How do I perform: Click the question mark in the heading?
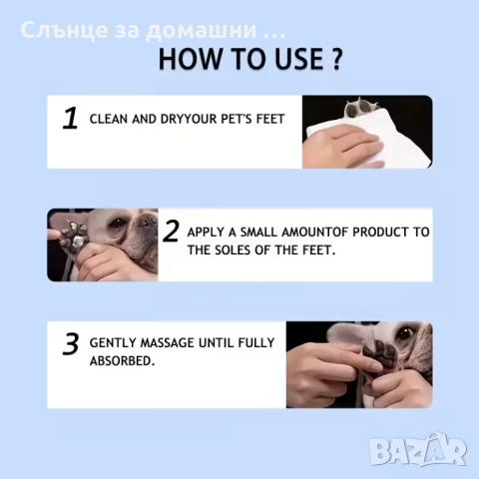click(x=336, y=59)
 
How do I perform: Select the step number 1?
click(x=70, y=118)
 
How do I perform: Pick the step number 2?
click(x=172, y=231)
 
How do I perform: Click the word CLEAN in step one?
click(x=109, y=119)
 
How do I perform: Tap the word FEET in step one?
click(x=270, y=119)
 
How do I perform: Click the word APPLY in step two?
click(x=206, y=232)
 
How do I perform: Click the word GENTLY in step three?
click(x=113, y=342)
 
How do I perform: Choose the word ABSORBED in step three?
click(x=122, y=361)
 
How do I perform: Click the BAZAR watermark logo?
click(x=418, y=449)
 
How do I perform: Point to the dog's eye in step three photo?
click(x=405, y=333)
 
